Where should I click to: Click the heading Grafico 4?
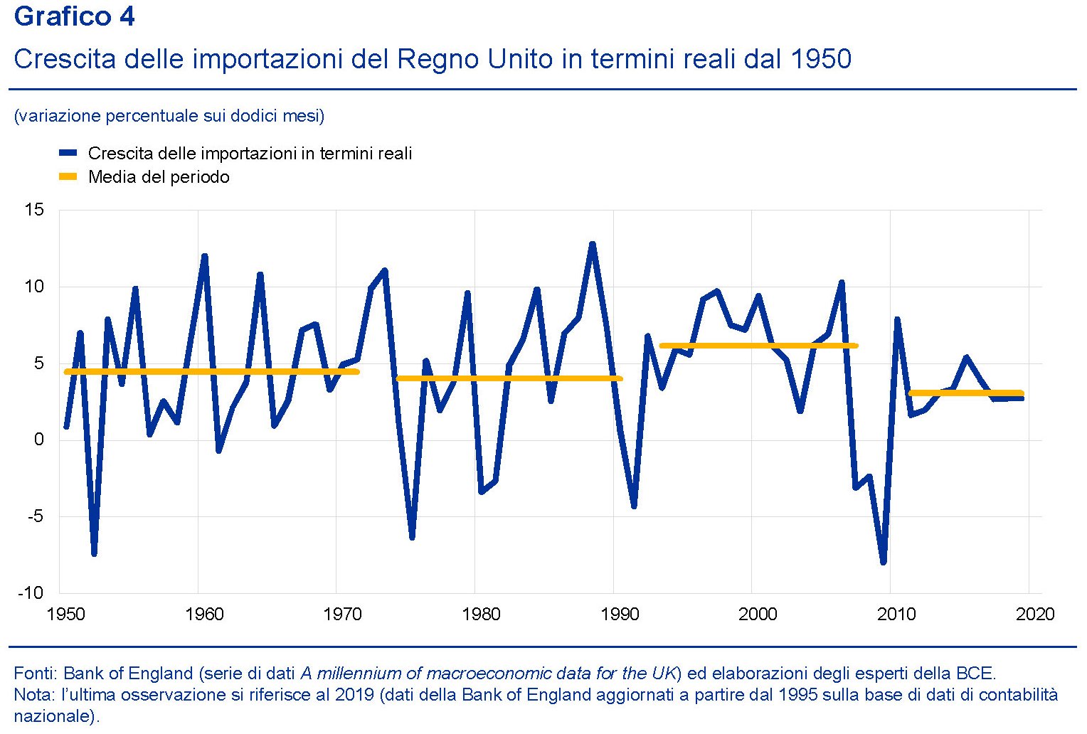(x=74, y=16)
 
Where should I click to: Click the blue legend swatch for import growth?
(x=68, y=153)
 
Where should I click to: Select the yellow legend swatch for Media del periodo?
(x=68, y=176)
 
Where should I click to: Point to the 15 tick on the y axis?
(x=34, y=210)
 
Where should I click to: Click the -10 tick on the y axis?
(x=31, y=593)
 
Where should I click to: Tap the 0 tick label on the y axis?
(x=39, y=440)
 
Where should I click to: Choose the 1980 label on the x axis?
(x=481, y=614)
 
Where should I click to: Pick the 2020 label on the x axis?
(x=1035, y=614)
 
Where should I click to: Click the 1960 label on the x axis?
(x=204, y=614)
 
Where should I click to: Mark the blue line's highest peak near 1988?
(x=592, y=245)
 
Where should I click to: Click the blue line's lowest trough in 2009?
(x=883, y=562)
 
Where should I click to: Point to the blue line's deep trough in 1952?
(x=94, y=553)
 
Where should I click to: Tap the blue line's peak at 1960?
(x=204, y=257)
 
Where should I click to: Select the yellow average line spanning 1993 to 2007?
(x=758, y=346)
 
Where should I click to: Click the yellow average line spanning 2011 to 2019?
(x=965, y=393)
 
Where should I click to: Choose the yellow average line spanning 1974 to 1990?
(x=509, y=378)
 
